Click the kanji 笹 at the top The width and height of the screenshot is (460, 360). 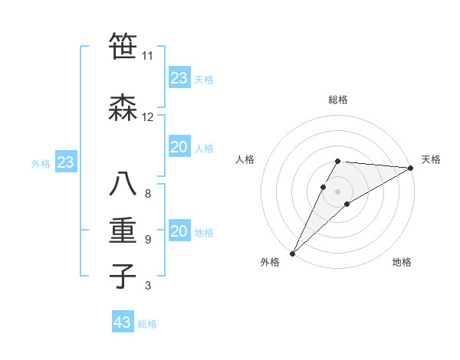[x=123, y=47]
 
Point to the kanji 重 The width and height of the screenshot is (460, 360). [x=123, y=231]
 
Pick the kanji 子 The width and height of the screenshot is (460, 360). [x=123, y=276]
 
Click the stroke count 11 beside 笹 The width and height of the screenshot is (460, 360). [x=147, y=56]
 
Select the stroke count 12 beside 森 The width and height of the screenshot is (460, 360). [x=147, y=117]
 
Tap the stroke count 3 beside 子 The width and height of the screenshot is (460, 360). [x=147, y=286]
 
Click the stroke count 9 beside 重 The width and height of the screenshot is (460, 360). [x=147, y=239]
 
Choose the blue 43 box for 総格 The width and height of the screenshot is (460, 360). [x=123, y=322]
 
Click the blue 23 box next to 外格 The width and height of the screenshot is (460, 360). [x=65, y=162]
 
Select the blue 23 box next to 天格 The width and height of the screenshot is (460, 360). [x=179, y=78]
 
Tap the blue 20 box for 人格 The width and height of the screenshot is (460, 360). [x=179, y=148]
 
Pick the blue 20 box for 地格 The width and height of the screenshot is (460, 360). [x=179, y=232]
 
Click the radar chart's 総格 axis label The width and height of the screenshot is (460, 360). [x=338, y=100]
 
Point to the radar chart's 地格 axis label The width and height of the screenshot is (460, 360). [x=402, y=263]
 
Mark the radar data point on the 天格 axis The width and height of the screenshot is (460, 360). [x=412, y=168]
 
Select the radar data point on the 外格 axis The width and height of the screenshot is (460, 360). [x=292, y=253]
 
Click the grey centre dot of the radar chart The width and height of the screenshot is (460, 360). [x=337, y=190]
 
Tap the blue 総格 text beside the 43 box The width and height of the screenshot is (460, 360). [x=147, y=324]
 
